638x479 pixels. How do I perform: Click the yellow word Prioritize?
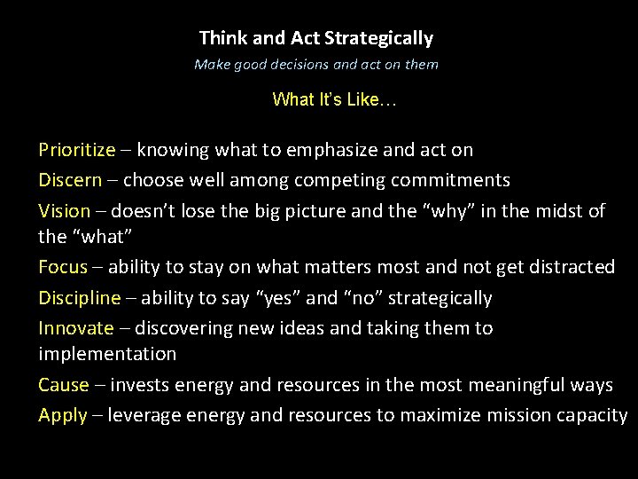coord(77,150)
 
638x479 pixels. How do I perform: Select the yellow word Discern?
coord(70,180)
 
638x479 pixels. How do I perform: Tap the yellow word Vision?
coord(65,210)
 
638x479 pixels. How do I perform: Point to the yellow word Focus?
coord(63,266)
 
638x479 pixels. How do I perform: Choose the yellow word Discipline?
coord(79,297)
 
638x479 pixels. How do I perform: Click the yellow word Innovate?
coord(76,327)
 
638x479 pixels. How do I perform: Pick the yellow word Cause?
coord(64,384)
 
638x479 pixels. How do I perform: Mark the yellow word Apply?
coord(63,414)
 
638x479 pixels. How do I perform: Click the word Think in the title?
coord(221,38)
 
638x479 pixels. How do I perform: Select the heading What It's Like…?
coord(334,98)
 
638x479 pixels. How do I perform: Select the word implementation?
coord(107,353)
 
